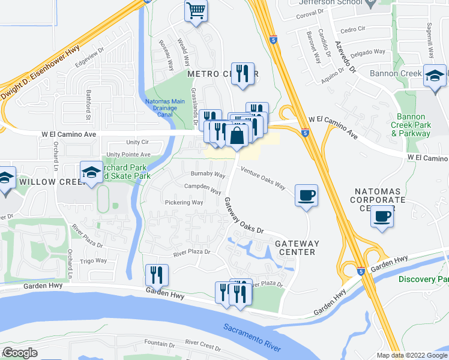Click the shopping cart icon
(196, 11)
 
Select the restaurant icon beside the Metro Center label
(243, 74)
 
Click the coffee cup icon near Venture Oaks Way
(306, 195)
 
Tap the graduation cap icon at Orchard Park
(91, 173)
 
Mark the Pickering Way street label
(184, 203)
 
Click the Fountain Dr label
(159, 345)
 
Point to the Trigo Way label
(94, 260)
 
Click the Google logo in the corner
(20, 352)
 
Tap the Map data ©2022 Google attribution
(411, 355)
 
